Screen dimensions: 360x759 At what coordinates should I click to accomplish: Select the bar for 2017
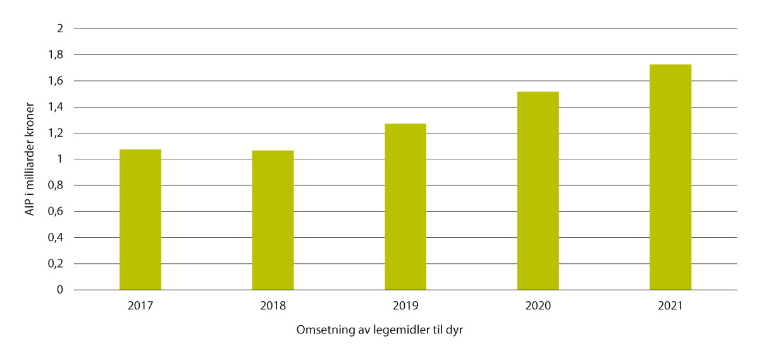[x=140, y=220]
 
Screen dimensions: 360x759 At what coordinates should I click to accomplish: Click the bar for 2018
[x=273, y=220]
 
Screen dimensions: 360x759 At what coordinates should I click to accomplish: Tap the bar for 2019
[x=405, y=207]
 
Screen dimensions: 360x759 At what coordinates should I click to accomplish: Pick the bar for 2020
[x=538, y=191]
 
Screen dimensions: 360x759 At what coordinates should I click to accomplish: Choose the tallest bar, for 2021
[x=670, y=177]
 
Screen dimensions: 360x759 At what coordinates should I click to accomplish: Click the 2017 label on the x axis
[x=140, y=306]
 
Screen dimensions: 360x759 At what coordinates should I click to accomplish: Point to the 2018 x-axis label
[x=273, y=306]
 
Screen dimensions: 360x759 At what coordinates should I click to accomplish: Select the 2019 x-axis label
[x=405, y=306]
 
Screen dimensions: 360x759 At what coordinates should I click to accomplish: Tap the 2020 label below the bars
[x=538, y=306]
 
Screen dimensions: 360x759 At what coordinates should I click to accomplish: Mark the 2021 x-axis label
[x=670, y=306]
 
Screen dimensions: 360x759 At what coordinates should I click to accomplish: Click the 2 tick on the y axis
[x=60, y=29]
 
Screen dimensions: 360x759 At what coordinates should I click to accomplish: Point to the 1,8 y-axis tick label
[x=56, y=55]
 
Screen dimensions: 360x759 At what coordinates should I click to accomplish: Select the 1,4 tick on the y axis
[x=56, y=108]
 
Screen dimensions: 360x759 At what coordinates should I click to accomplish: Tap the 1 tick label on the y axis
[x=60, y=159]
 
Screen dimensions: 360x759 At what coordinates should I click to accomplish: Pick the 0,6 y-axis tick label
[x=56, y=212]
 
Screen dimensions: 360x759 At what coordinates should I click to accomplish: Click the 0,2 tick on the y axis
[x=56, y=264]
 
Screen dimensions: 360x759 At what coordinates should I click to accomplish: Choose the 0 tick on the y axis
[x=60, y=290]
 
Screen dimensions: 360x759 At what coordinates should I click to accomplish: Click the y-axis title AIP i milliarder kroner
[x=30, y=159]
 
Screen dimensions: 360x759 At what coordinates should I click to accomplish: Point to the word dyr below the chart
[x=455, y=332]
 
